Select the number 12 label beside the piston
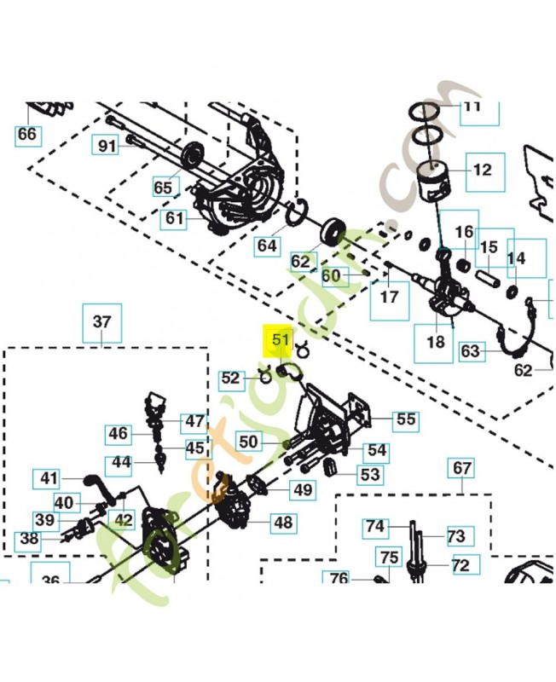click(x=482, y=170)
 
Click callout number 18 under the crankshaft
click(x=435, y=342)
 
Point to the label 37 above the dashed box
click(x=101, y=322)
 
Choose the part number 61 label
click(x=174, y=219)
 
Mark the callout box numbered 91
click(x=107, y=146)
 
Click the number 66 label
click(x=27, y=134)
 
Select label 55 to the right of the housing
click(x=406, y=419)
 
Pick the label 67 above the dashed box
click(x=461, y=468)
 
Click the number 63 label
click(x=470, y=350)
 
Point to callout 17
click(x=389, y=298)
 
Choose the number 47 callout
click(x=195, y=421)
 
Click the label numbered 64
click(x=268, y=246)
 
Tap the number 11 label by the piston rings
click(x=472, y=107)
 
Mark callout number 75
click(x=389, y=558)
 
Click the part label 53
click(x=369, y=474)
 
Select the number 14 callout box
click(x=516, y=257)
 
